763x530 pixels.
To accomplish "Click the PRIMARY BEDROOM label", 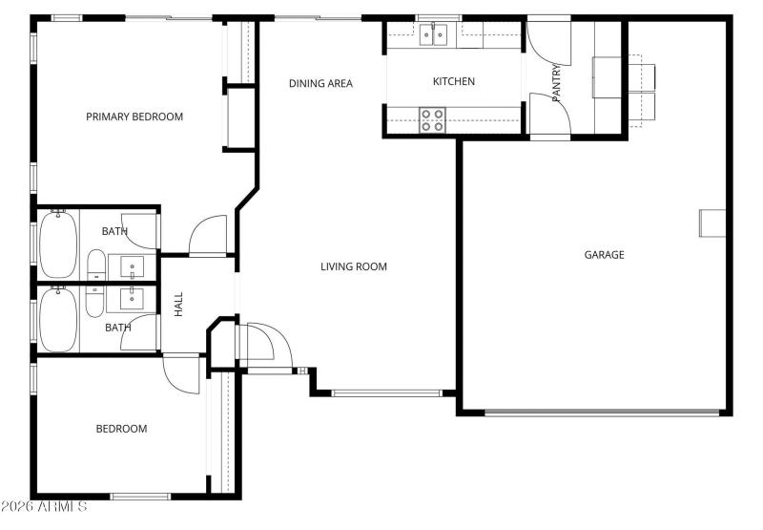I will point(134,117).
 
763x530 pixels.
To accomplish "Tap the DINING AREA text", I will point(320,84).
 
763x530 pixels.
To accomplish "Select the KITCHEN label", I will point(454,82).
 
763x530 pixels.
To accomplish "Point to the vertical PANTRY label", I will point(557,82).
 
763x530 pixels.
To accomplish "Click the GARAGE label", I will point(604,255).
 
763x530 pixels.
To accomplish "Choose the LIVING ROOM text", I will point(353,266).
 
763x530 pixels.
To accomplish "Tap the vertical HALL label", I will point(178,305).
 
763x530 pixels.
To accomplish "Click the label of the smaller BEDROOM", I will point(121,429).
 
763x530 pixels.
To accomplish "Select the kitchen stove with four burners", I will point(432,119).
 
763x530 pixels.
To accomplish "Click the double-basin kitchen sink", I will point(434,35).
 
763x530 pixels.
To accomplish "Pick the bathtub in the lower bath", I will point(58,319).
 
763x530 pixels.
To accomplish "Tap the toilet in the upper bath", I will point(95,265).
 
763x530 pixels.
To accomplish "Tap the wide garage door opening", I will point(602,413).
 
